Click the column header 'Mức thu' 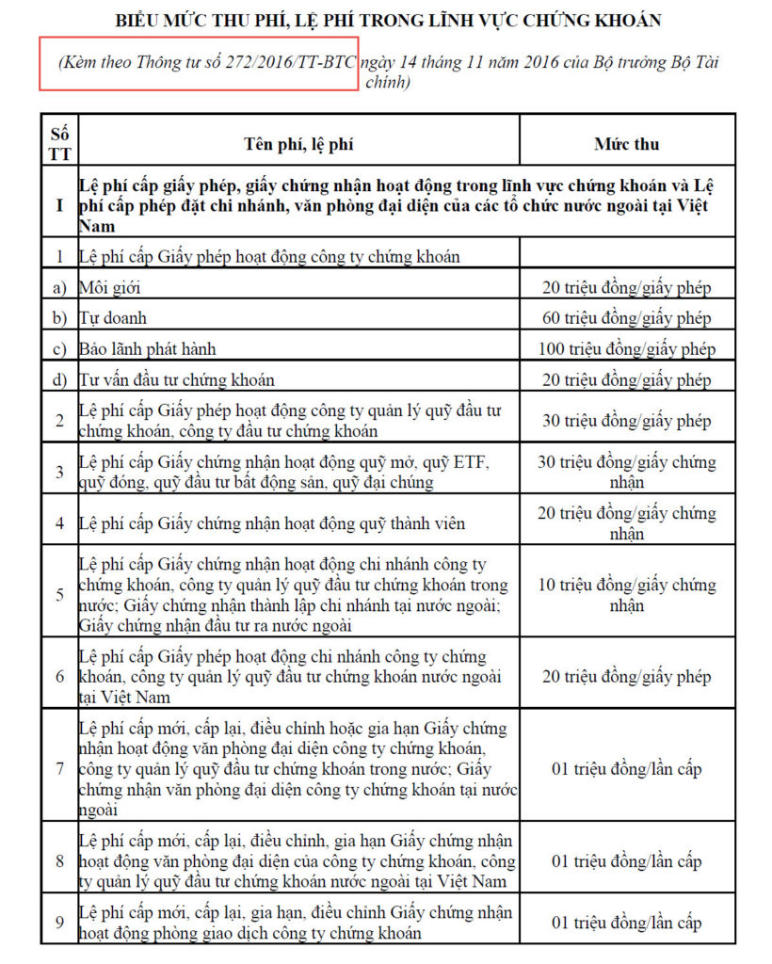click(626, 144)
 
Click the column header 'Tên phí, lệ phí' click(298, 144)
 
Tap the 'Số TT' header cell click(59, 144)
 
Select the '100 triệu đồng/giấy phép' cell click(626, 349)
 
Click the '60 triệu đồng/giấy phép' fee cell click(626, 318)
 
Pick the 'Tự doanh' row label click(113, 318)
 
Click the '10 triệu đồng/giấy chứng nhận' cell click(626, 595)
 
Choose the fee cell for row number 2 click(626, 421)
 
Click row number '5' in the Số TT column click(59, 595)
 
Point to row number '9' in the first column click(59, 923)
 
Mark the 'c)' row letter click(59, 349)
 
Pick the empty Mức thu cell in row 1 click(626, 253)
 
